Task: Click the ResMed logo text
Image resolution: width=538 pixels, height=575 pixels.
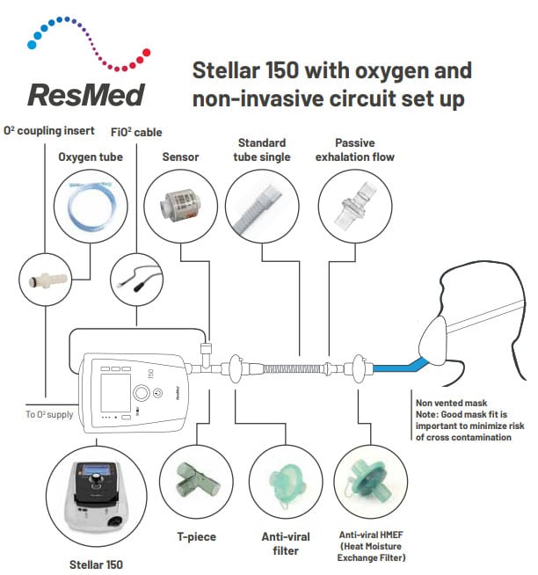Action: [85, 94]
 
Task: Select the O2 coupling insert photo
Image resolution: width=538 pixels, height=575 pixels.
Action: [42, 280]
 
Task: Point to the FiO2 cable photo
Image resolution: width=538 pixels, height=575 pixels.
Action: [134, 280]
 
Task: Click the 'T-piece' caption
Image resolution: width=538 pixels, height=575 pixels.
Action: [194, 536]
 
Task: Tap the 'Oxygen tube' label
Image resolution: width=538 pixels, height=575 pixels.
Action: [91, 157]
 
